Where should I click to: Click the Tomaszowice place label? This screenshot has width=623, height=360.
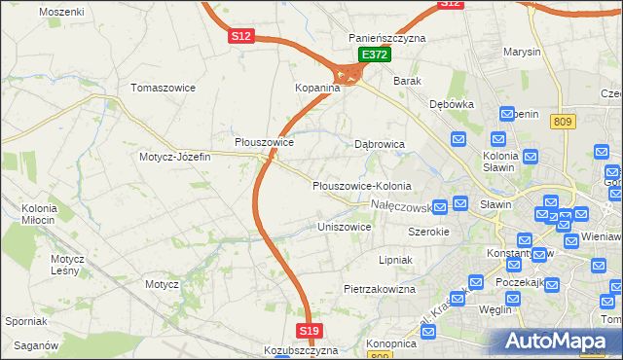(164, 88)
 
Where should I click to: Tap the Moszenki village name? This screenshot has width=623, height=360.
(61, 12)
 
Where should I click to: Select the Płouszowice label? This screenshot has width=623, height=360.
(265, 142)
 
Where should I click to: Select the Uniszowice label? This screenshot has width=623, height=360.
(345, 227)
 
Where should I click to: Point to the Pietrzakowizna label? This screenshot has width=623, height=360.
(380, 289)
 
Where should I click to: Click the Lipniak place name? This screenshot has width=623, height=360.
(395, 261)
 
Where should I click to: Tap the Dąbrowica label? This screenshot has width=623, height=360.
(379, 144)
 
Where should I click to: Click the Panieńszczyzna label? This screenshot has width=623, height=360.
(387, 38)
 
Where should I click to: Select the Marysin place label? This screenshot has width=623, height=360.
(521, 52)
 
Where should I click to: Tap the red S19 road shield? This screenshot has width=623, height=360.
(310, 332)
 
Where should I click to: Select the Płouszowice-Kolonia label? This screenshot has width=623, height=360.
(361, 186)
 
